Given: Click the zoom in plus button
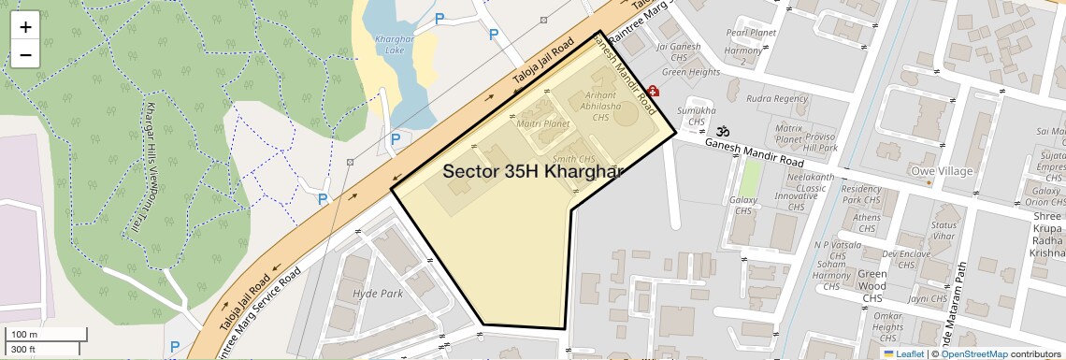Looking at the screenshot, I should coord(25,27).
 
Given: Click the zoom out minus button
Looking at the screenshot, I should coord(25,54).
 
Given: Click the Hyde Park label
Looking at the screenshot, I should coord(377,294).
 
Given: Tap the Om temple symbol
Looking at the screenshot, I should coord(722,132).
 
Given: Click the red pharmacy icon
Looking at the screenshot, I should coord(653,92).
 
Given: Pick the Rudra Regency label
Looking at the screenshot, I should coord(777,98).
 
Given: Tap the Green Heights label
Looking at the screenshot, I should coord(691,72).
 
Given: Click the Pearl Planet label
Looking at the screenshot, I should coord(751,33).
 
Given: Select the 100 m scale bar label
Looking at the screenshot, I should coord(24,335).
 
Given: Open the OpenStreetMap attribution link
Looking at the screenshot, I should coord(973,353).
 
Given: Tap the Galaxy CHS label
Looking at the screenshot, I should coord(743,206).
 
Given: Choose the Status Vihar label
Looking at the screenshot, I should coord(944,231).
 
